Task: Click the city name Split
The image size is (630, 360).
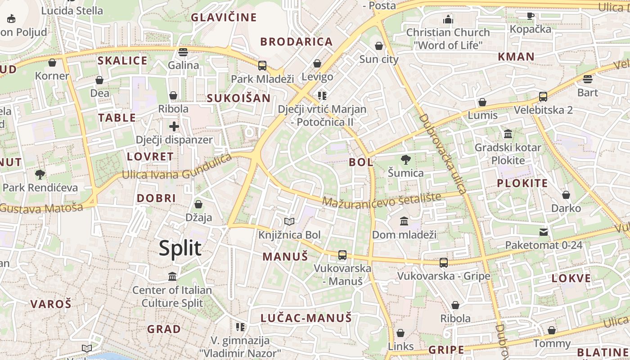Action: pyautogui.click(x=180, y=248)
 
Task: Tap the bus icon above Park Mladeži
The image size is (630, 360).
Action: pyautogui.click(x=262, y=66)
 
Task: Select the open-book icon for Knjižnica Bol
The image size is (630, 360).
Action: pyautogui.click(x=289, y=222)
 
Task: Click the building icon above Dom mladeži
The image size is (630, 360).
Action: pyautogui.click(x=404, y=221)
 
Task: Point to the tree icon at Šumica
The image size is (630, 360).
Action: pyautogui.click(x=405, y=160)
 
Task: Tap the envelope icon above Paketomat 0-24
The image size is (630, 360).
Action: pyautogui.click(x=544, y=232)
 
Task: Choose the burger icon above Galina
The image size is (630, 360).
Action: pyautogui.click(x=183, y=52)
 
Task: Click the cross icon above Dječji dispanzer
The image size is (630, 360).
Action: pyautogui.click(x=174, y=126)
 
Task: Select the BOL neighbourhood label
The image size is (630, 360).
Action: pyautogui.click(x=361, y=162)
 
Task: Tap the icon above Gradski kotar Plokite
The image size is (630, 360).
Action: pyautogui.click(x=508, y=134)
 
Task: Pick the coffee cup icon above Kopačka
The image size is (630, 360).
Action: pyautogui.click(x=531, y=16)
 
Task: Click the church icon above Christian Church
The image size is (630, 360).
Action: pyautogui.click(x=448, y=19)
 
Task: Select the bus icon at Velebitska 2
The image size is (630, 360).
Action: pyautogui.click(x=543, y=97)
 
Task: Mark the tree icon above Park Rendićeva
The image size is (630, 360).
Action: pyautogui.click(x=40, y=174)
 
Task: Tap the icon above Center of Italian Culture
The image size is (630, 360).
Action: pyautogui.click(x=172, y=276)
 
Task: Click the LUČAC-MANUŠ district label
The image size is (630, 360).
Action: pyautogui.click(x=306, y=318)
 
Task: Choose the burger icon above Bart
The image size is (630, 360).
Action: pyautogui.click(x=587, y=80)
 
